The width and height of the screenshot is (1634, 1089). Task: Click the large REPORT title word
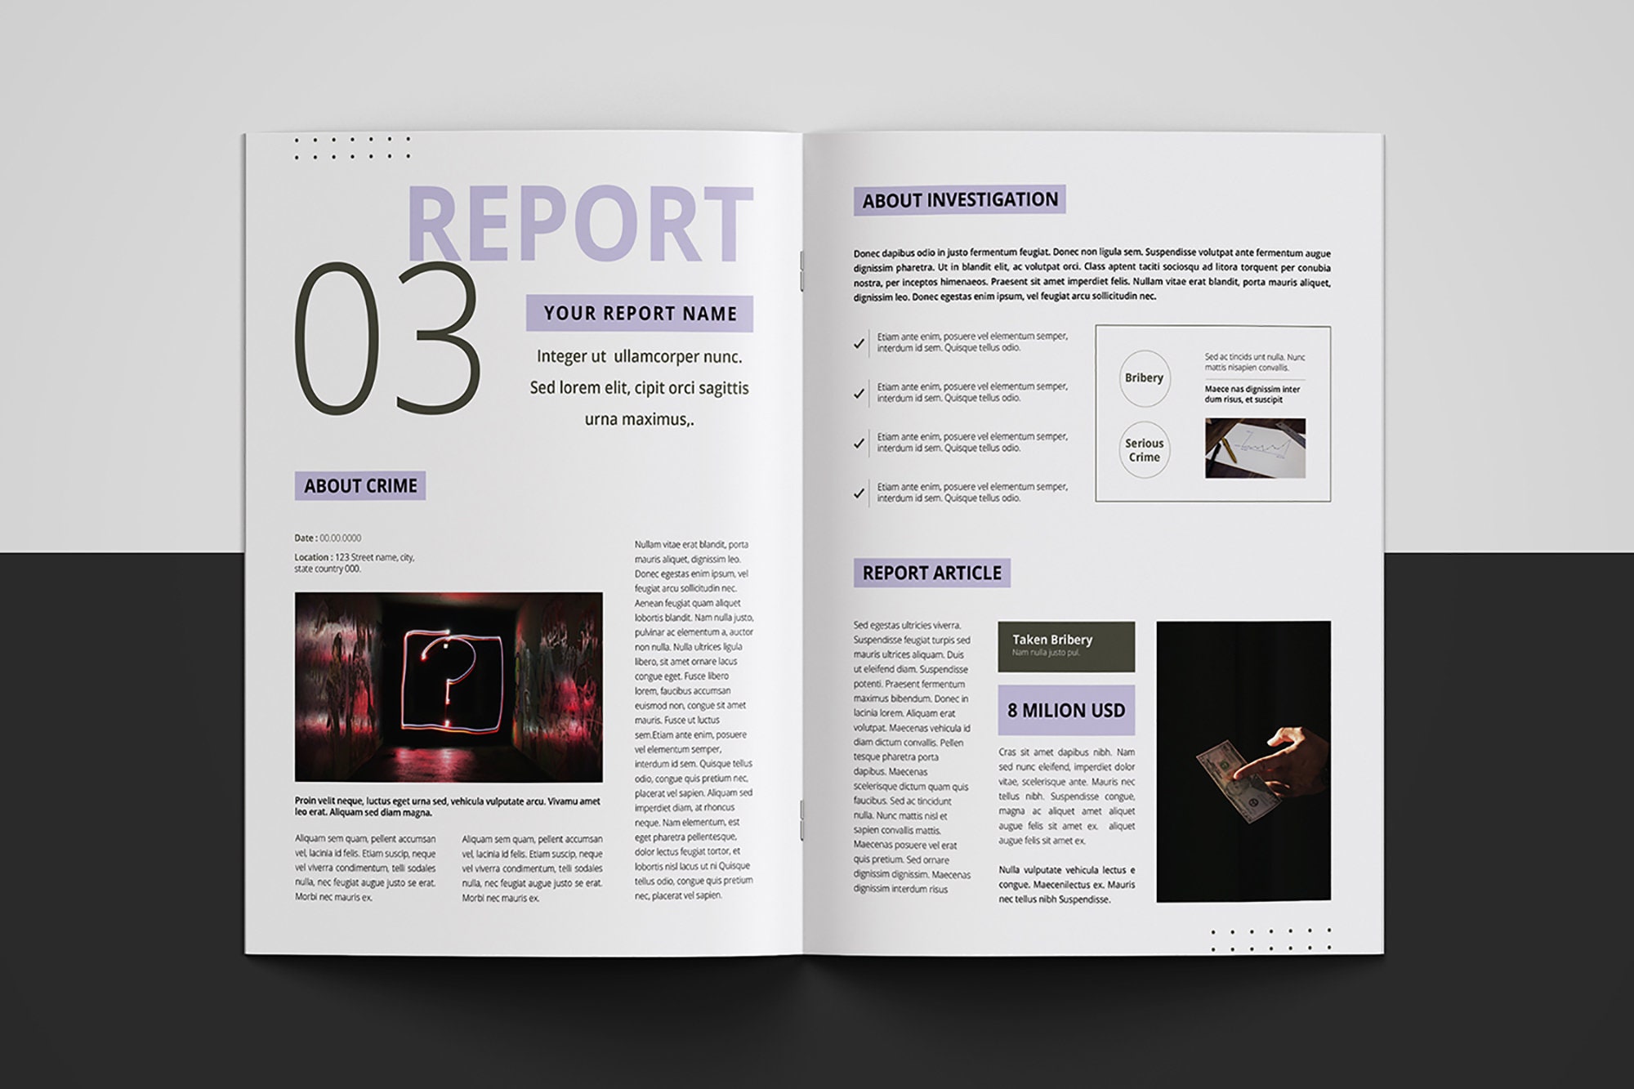[x=578, y=225]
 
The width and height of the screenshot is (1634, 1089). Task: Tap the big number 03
[x=386, y=339]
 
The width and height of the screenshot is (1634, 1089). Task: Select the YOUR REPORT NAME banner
[x=639, y=314]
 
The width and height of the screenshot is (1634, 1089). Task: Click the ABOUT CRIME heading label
[x=360, y=486]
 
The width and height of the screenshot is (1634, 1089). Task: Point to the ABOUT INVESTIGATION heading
[x=959, y=200]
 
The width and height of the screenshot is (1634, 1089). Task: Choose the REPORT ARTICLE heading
[x=931, y=573]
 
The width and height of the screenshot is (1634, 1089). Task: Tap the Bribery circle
[x=1144, y=378]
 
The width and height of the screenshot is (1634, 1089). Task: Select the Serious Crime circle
[x=1144, y=450]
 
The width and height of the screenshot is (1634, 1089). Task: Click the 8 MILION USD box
[x=1066, y=711]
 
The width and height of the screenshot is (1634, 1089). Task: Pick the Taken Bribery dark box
[x=1066, y=646]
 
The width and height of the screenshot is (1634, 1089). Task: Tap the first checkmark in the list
[x=859, y=344]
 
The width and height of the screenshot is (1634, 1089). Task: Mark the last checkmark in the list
[x=859, y=493]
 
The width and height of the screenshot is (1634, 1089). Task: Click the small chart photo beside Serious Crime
[x=1255, y=449]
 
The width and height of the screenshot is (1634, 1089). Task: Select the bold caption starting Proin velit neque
[x=447, y=807]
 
